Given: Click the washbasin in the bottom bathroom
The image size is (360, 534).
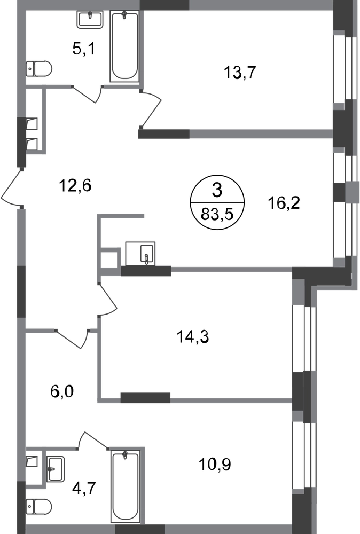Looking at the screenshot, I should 56,468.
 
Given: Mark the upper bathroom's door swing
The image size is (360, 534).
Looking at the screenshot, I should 88,95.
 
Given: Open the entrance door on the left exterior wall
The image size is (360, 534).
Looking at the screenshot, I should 12,187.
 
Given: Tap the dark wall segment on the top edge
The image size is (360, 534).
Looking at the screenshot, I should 164,5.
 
